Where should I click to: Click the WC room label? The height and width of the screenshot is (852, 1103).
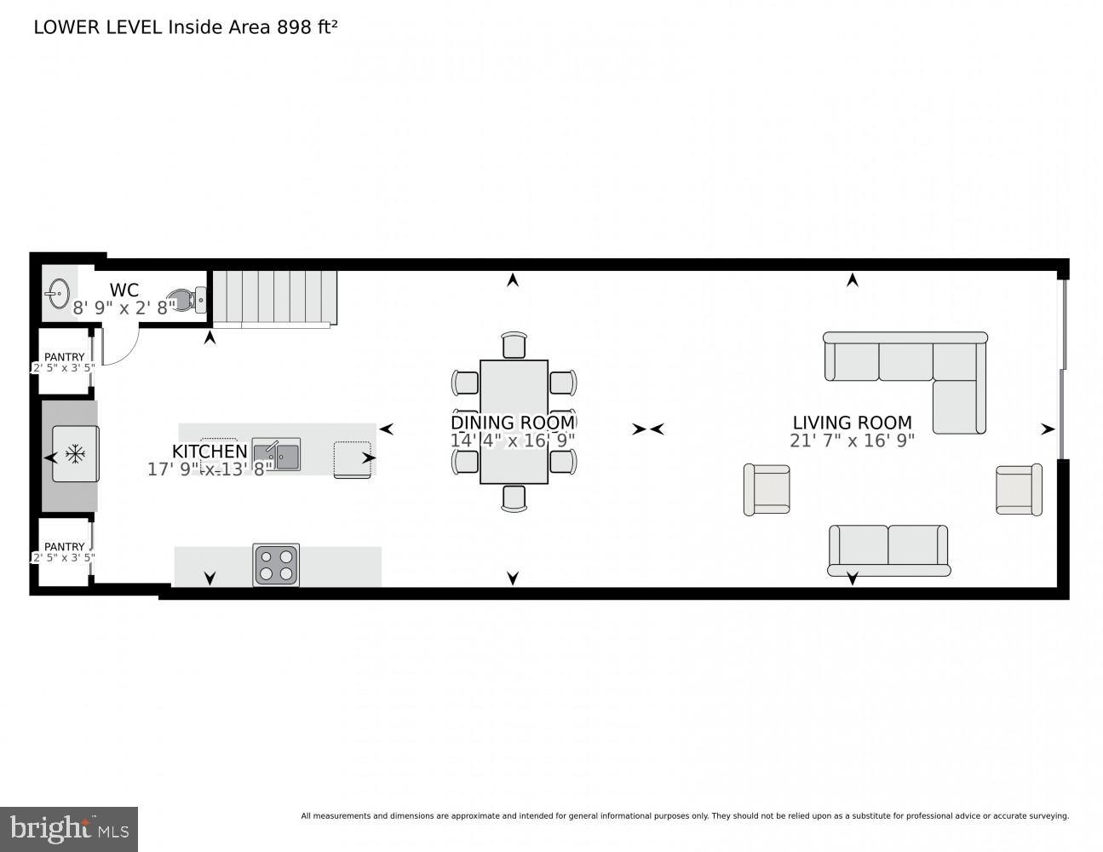pos(124,291)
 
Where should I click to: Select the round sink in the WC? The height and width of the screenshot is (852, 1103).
pos(58,294)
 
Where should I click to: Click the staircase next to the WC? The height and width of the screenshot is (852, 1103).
pos(274,297)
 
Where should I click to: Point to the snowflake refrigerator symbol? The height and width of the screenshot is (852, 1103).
pos(75,454)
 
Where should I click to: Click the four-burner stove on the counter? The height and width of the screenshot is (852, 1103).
pos(276,565)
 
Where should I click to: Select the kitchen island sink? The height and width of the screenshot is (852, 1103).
pos(276,454)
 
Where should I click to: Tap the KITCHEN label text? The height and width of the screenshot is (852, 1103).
pos(210,452)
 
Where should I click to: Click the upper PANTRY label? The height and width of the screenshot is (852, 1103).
pos(65,357)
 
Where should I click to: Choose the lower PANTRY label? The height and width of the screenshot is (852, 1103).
pos(65,547)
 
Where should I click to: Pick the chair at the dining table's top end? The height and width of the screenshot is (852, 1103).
pos(514,345)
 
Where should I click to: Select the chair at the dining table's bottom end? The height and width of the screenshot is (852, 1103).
pos(514,498)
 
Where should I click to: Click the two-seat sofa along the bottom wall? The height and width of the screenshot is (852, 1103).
pos(888,550)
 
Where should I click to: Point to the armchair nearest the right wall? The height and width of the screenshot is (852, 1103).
pos(1019,489)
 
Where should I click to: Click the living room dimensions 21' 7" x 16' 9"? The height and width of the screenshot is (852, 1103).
pos(852,440)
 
